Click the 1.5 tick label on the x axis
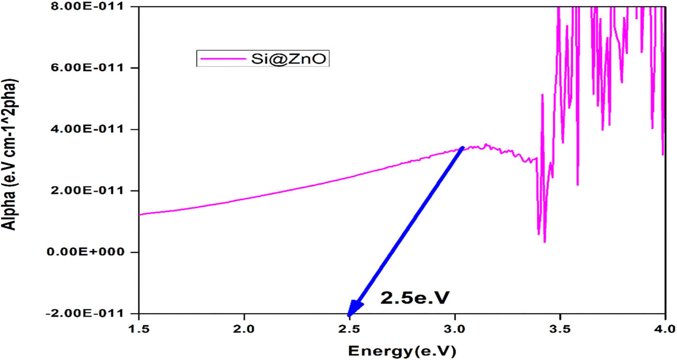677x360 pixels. pos(139,330)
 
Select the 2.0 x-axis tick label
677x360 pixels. pos(244,330)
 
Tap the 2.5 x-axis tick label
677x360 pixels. pos(350,330)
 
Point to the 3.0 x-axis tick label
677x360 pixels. pos(455,330)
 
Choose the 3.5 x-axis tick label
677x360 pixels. pos(560,330)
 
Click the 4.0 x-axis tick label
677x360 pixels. pos(665,330)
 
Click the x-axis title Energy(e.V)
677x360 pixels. pos(402,349)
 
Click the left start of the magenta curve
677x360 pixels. pos(140,214)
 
